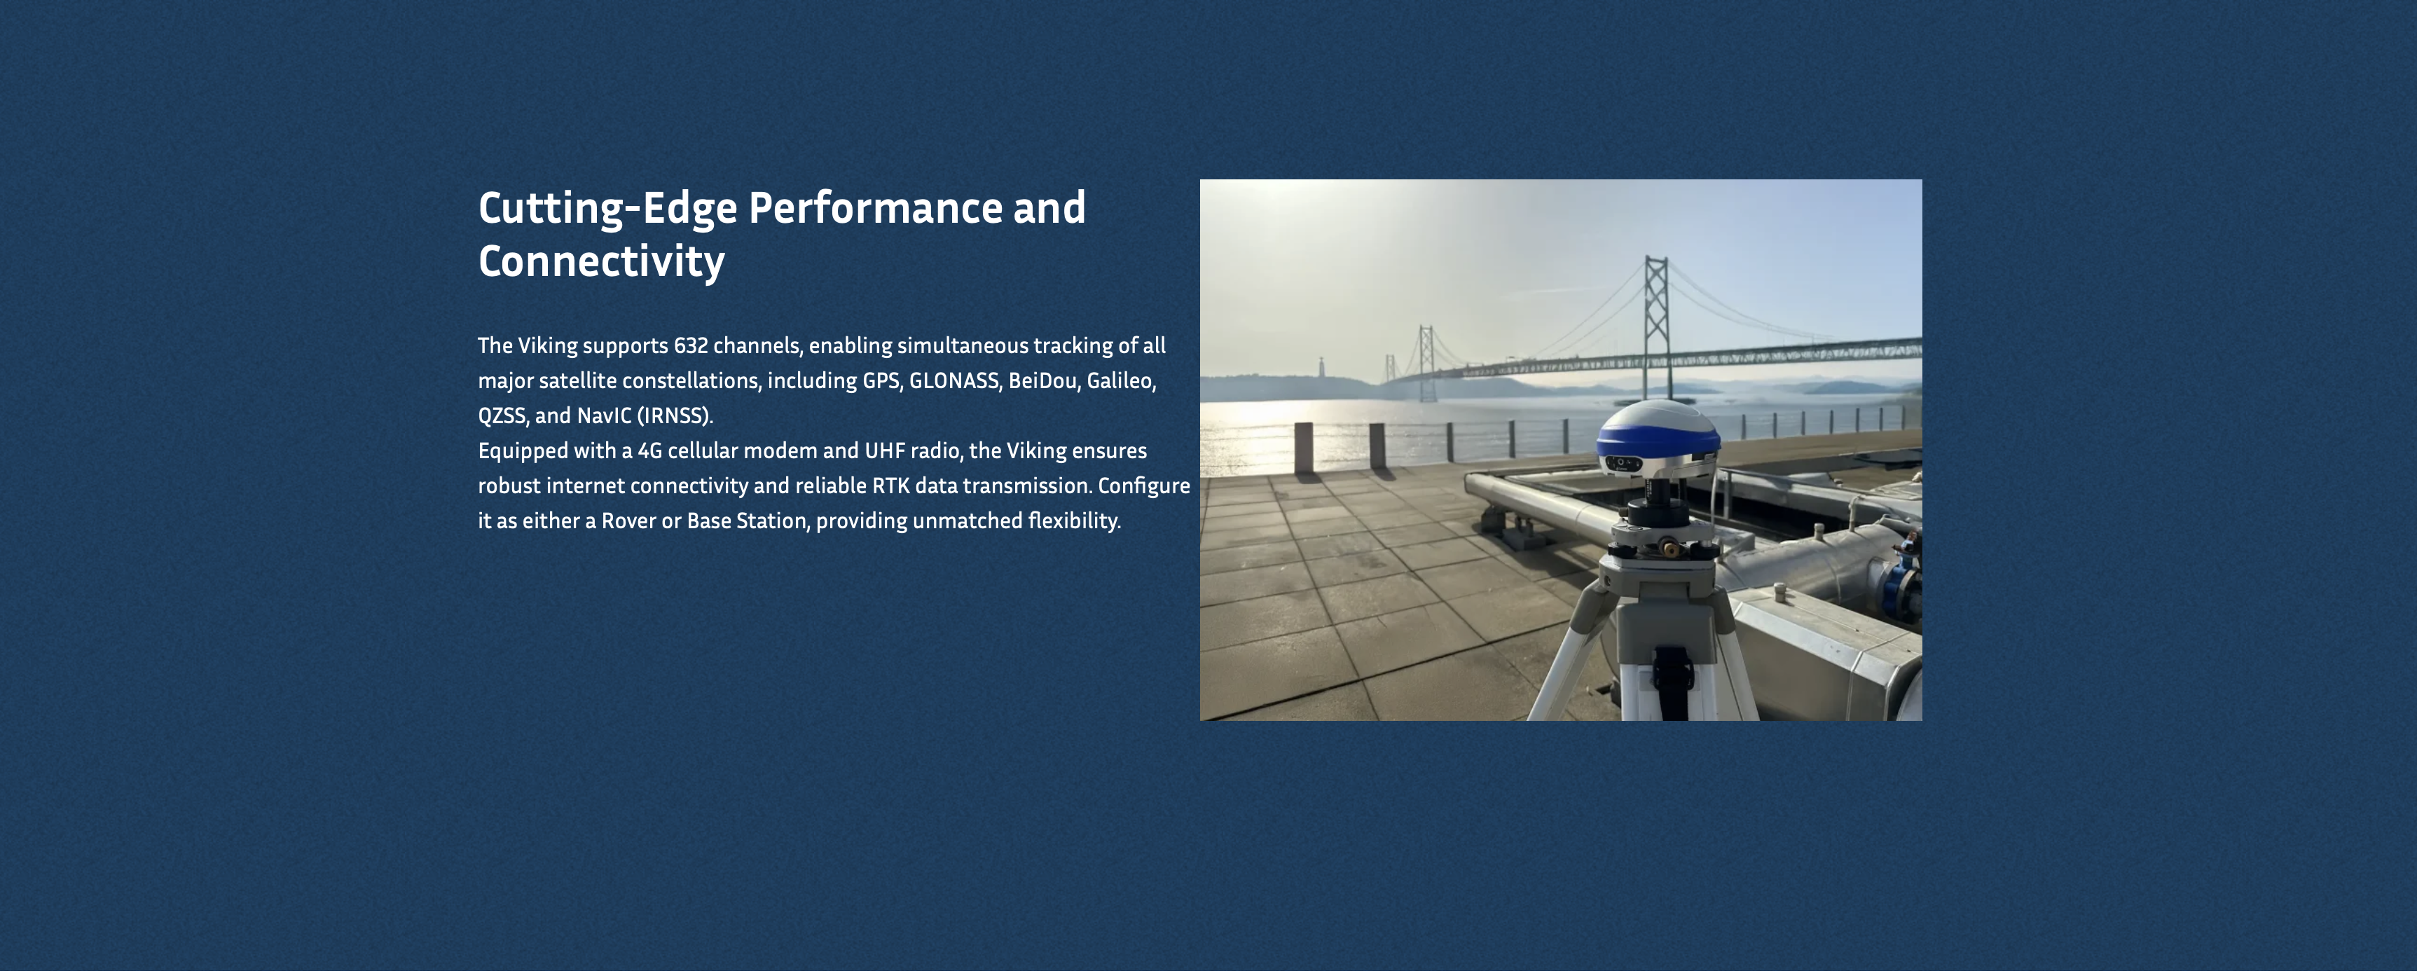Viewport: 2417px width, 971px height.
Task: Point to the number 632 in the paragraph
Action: click(x=691, y=345)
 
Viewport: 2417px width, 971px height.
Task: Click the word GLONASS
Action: click(x=953, y=381)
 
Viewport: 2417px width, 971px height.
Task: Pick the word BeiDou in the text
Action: click(x=1043, y=381)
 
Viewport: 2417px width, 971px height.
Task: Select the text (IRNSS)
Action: click(x=675, y=415)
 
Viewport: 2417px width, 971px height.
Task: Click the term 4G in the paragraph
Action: click(x=649, y=451)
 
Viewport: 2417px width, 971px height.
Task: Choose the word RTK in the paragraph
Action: click(x=891, y=486)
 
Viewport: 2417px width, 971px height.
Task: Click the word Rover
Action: click(x=628, y=521)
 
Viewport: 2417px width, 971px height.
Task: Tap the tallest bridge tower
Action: click(x=1656, y=324)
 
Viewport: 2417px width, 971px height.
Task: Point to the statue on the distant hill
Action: click(x=1322, y=366)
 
